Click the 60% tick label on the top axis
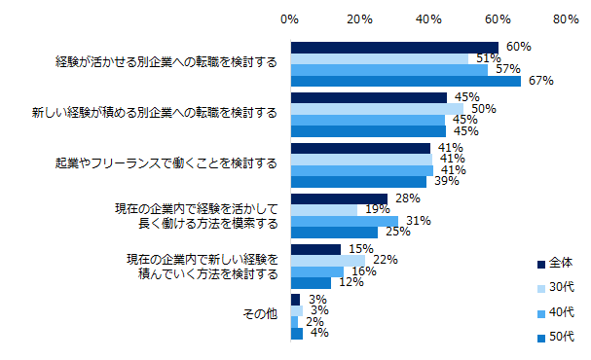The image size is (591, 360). tap(498, 18)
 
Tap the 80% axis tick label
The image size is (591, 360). tap(566, 18)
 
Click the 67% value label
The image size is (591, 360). tap(540, 82)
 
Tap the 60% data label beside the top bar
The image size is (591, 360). tap(518, 47)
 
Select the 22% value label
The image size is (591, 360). tap(387, 260)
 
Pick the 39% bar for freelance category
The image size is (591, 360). tap(358, 182)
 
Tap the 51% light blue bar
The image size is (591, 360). tap(379, 58)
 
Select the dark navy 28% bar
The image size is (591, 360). tap(339, 198)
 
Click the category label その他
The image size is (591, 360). tap(258, 315)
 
